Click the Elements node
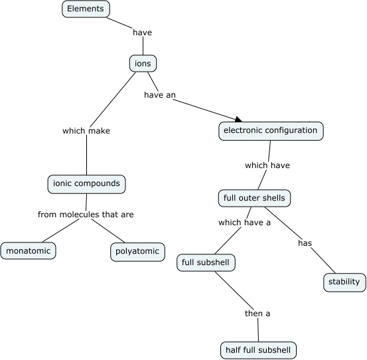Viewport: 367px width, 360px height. [86, 9]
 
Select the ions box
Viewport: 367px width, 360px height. [143, 64]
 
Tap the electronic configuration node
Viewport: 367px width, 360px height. [271, 131]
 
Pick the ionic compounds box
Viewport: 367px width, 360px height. [87, 183]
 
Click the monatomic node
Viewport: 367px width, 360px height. [28, 251]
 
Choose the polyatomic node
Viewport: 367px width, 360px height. [137, 251]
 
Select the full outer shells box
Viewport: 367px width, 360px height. [254, 198]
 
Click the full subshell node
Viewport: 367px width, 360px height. [206, 263]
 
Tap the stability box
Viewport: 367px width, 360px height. [344, 282]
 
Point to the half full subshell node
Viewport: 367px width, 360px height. [257, 349]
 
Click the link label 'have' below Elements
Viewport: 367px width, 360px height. [143, 32]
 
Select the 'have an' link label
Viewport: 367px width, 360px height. [159, 95]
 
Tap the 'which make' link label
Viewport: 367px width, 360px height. [86, 131]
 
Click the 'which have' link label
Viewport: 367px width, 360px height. [267, 165]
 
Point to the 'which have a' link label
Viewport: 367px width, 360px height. [244, 223]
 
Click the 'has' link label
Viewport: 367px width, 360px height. [305, 243]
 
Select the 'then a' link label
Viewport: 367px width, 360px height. [257, 314]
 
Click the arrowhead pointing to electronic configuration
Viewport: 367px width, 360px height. [238, 118]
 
